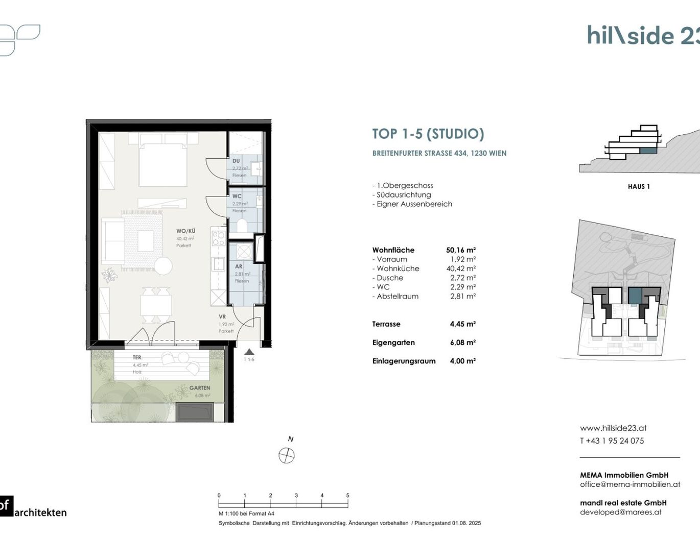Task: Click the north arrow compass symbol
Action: (287, 455)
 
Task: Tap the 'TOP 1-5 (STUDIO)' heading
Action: (428, 134)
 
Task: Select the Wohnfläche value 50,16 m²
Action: (460, 250)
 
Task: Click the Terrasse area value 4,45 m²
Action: (462, 324)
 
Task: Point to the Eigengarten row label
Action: (393, 342)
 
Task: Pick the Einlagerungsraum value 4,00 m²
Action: (462, 361)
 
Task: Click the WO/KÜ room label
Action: (185, 231)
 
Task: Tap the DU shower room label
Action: (236, 161)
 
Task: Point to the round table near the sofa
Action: (164, 266)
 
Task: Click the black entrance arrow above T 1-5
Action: (249, 352)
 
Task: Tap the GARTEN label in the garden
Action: (199, 388)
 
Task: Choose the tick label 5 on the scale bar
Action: (347, 496)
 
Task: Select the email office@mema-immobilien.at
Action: (629, 484)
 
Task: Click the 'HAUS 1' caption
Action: (639, 187)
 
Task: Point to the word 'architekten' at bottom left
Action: (40, 512)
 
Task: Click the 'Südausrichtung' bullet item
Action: (404, 195)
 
